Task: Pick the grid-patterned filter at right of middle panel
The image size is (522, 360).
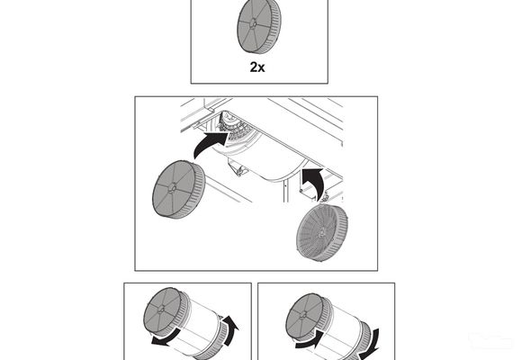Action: click(x=323, y=233)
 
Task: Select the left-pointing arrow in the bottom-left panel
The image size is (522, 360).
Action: click(x=164, y=343)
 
